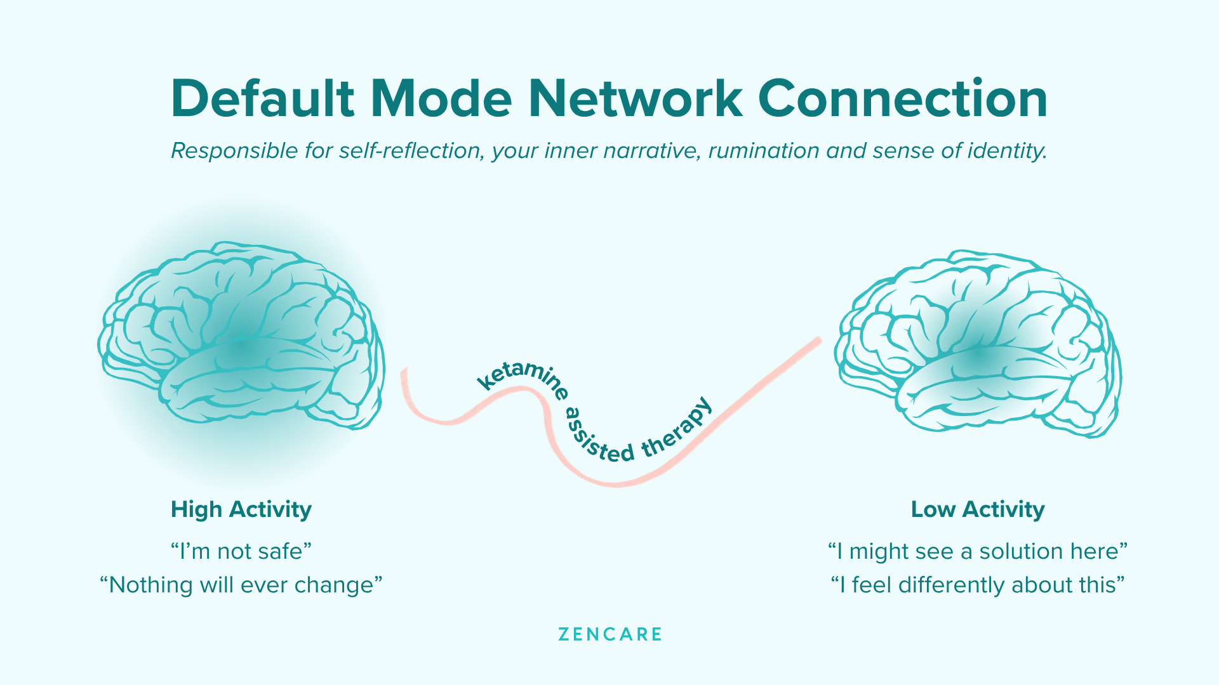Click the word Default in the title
[x=263, y=98]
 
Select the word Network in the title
[x=635, y=98]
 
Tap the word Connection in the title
[x=902, y=98]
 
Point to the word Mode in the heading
[x=441, y=98]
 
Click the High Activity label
[x=241, y=509]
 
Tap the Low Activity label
[x=978, y=509]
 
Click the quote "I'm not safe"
[x=241, y=551]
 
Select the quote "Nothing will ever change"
[x=241, y=585]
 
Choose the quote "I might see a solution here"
[x=978, y=551]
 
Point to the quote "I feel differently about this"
[x=978, y=585]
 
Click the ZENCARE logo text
[x=610, y=634]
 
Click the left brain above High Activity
[x=241, y=336]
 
